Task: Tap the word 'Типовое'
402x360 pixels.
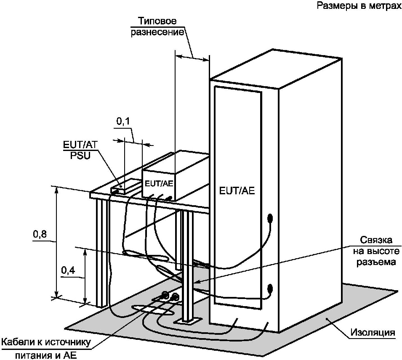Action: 157,21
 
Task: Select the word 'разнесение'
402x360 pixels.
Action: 157,33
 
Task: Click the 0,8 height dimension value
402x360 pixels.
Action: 40,234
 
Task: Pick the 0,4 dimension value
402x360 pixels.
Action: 68,270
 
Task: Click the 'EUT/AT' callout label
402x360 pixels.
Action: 80,145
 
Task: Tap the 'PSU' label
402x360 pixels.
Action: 80,156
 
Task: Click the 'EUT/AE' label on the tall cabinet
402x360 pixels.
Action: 237,191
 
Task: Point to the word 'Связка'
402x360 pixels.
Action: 376,240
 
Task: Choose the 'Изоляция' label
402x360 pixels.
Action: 373,333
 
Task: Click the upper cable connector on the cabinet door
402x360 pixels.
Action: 270,219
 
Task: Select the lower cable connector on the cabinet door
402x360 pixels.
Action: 270,289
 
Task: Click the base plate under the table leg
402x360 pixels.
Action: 188,320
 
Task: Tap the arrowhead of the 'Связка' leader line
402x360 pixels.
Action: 196,282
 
